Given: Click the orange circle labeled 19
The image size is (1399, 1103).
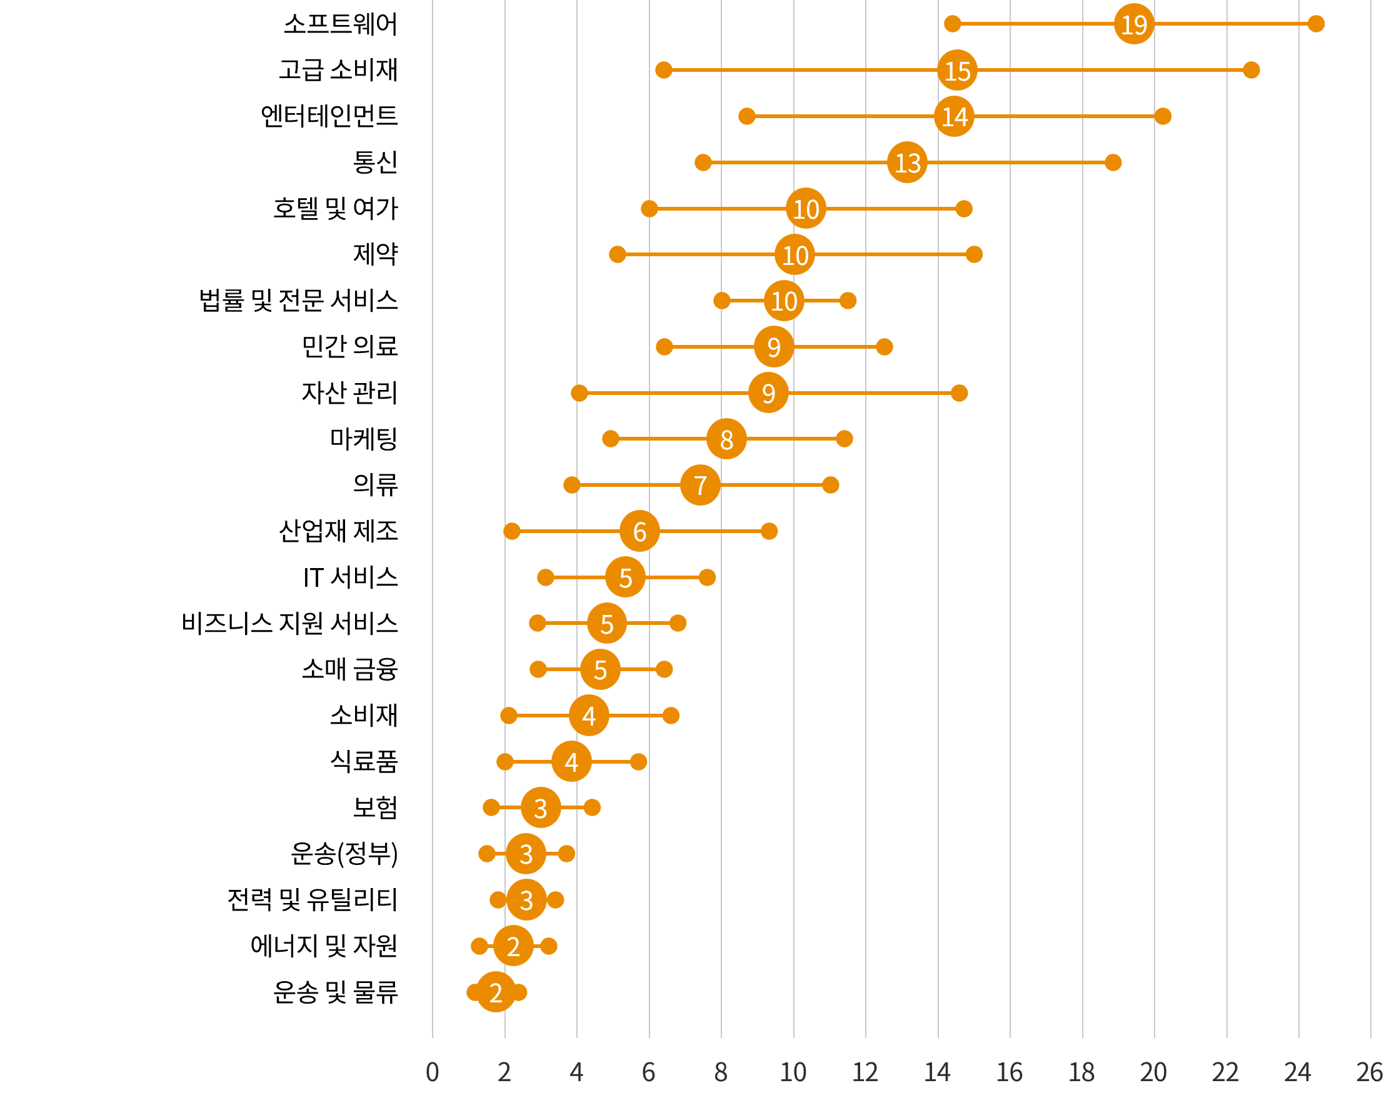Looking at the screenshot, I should [1133, 24].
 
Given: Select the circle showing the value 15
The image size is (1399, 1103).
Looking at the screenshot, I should [957, 71].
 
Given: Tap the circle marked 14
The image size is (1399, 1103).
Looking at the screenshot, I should [954, 116].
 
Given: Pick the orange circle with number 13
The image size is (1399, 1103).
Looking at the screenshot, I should [907, 162].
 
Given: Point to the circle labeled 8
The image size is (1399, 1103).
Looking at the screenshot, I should [726, 439].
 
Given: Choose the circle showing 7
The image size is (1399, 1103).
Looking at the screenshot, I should [700, 485].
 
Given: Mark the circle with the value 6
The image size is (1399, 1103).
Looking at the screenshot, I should [639, 531].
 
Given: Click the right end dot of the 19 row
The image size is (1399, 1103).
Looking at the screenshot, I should [1316, 24].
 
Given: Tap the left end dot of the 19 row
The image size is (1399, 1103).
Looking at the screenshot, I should [952, 24].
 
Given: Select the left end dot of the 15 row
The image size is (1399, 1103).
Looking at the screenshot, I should [663, 70].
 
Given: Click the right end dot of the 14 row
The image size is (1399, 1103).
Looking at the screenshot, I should [1163, 116].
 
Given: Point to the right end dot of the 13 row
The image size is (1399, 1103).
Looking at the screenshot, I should [1113, 162].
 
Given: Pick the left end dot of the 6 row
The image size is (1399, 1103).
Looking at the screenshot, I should [511, 531].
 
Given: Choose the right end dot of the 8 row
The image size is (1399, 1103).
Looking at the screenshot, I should [844, 439].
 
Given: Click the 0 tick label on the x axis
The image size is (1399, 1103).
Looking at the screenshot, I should [432, 1072].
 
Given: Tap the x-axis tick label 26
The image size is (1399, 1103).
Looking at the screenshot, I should [1369, 1072].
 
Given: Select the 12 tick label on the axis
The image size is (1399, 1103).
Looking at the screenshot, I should [865, 1072].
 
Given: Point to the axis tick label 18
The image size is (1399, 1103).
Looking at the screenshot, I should [1081, 1072].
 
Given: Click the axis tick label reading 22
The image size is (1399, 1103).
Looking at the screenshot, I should [1225, 1072].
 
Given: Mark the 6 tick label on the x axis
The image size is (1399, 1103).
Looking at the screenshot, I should [648, 1072].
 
